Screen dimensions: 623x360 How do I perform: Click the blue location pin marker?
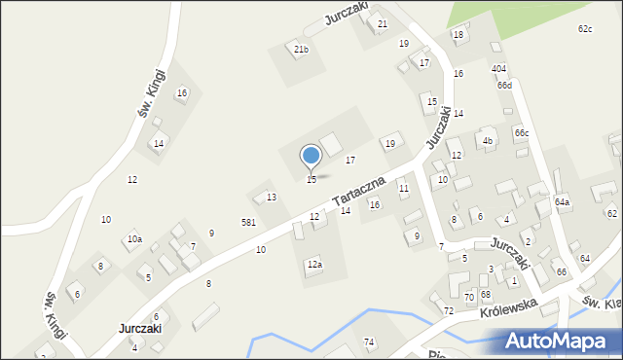(311, 157)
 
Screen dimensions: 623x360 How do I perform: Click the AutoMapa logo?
(560, 340)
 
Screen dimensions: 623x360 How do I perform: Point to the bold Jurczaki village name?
(139, 329)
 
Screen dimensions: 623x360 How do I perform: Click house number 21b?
(301, 50)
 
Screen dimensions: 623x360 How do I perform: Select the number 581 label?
(248, 223)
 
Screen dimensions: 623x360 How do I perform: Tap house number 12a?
(314, 264)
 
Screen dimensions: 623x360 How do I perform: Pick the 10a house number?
(133, 239)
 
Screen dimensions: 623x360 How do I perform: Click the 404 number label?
(498, 68)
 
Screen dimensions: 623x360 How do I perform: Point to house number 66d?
(503, 85)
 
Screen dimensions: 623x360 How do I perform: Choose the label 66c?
(522, 132)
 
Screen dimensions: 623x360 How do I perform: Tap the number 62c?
(584, 29)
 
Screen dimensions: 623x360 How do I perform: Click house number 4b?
(488, 141)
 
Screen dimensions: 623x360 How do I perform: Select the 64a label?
(562, 201)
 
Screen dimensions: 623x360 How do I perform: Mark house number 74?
(369, 342)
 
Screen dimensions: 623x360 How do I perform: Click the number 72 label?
(449, 310)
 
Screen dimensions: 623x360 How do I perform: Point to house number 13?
(272, 198)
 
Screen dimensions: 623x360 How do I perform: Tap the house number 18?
(458, 35)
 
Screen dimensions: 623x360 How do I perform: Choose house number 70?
(468, 296)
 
